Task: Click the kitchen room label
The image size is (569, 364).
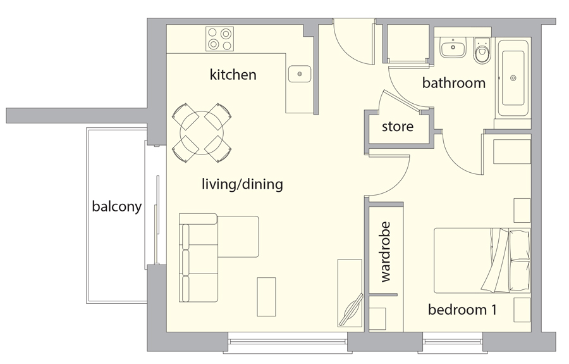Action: [x=233, y=75]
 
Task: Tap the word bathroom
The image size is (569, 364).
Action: [x=453, y=83]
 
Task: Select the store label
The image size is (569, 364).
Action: [x=398, y=127]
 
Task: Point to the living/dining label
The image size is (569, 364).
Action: [x=242, y=185]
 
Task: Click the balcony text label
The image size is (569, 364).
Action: [x=116, y=206]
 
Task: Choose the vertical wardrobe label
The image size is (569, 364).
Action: [x=386, y=251]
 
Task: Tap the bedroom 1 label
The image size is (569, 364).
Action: [x=462, y=310]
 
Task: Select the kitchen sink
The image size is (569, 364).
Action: [x=299, y=74]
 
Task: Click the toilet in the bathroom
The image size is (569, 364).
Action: [x=483, y=51]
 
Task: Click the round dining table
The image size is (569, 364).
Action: [x=202, y=132]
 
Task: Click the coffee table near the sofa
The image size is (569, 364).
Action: [x=266, y=296]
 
